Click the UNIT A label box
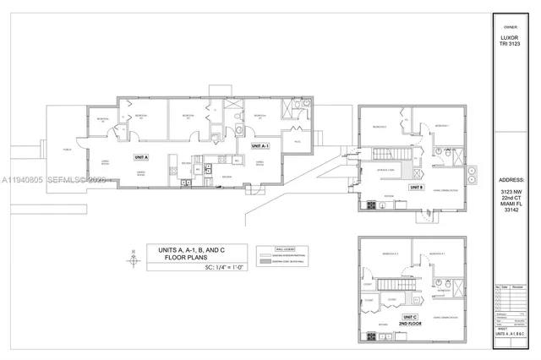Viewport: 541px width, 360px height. (x=140, y=157)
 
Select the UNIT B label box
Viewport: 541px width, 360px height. (x=416, y=187)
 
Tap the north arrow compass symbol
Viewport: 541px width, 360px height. (x=132, y=253)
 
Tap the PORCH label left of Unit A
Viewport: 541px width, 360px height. (x=65, y=152)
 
